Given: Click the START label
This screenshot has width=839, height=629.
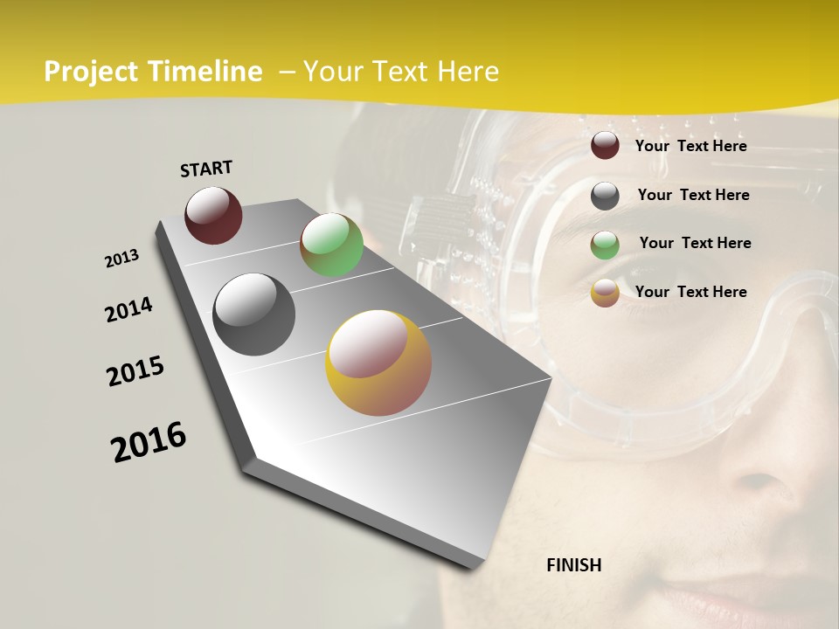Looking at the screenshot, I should coord(206,169).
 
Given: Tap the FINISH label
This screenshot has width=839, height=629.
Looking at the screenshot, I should coord(574,565).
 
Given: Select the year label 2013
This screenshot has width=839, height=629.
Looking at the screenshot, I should coord(122,259).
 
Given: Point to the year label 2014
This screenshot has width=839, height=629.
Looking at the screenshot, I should coord(128,309).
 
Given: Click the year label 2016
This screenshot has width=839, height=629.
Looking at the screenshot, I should coord(149,441).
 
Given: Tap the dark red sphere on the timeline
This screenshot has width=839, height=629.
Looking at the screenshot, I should coord(213,215).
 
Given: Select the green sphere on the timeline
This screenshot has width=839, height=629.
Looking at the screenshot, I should coord(331,245).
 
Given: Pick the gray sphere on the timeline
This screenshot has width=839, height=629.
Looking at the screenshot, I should coord(254,314).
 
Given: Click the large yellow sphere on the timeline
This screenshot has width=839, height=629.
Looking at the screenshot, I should coord(378,363).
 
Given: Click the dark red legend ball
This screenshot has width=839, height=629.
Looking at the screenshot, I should coord(605,146).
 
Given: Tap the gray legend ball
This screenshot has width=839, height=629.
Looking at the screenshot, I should coord(605,195).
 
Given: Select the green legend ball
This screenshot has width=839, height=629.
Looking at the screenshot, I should coord(605,244).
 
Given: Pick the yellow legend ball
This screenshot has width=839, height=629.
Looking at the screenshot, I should coord(605,293).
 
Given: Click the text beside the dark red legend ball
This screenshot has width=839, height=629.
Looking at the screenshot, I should coord(690,146).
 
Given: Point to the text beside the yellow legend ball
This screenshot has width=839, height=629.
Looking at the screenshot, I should coord(690,292).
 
